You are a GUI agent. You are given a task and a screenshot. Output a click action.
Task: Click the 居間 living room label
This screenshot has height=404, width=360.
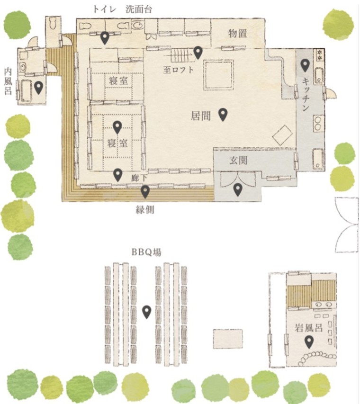(201, 116)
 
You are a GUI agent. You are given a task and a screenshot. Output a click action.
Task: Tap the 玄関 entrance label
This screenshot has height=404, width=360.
(238, 160)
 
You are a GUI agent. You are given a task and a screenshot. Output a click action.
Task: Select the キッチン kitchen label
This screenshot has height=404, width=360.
(306, 95)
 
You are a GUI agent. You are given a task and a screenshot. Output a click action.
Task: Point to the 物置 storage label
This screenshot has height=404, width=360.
(238, 33)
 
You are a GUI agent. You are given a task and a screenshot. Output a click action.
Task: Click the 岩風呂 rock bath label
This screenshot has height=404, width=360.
(309, 328)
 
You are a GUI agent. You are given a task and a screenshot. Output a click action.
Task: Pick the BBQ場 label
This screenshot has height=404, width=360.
(146, 252)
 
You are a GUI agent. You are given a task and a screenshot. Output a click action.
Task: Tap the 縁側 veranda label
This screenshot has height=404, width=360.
(145, 210)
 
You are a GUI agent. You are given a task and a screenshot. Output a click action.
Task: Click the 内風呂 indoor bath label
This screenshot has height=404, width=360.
(8, 81)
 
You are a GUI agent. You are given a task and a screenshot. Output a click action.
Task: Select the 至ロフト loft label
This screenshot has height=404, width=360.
(178, 70)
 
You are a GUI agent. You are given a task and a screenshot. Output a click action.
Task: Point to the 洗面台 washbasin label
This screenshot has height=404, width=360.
(139, 9)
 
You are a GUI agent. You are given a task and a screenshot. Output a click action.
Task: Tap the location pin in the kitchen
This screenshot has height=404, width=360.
(305, 65)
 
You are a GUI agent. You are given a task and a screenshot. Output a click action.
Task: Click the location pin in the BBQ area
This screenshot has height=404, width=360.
(147, 312)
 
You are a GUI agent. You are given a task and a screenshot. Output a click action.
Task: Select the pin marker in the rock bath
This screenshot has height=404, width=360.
(309, 342)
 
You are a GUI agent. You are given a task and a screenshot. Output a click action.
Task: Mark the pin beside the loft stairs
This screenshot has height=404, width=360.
(198, 53)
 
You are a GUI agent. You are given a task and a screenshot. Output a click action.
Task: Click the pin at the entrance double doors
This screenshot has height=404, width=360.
(237, 189)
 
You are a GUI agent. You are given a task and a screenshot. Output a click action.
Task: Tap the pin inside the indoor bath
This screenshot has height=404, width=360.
(39, 88)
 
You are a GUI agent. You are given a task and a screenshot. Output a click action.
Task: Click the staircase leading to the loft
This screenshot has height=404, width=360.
(180, 55)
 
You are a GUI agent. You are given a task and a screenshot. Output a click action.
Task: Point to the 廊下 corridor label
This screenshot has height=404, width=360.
(139, 178)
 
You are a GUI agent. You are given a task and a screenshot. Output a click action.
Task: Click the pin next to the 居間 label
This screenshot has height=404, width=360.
(223, 115)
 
